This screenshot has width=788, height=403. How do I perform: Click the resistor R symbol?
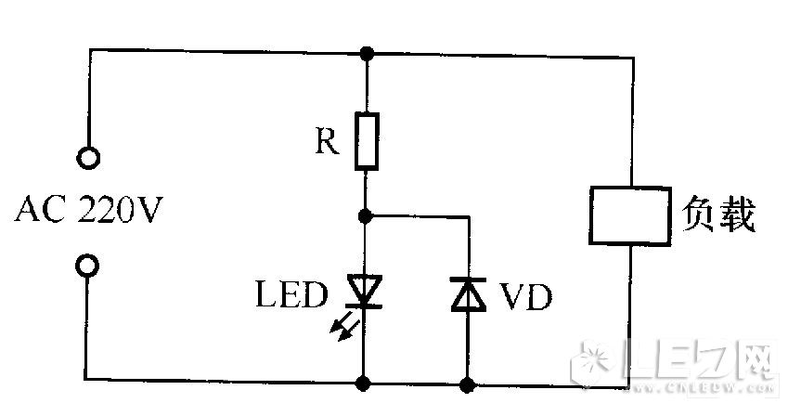pyautogui.click(x=368, y=142)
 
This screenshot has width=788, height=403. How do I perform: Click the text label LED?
pyautogui.click(x=291, y=296)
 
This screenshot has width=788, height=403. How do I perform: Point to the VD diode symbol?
pyautogui.click(x=467, y=295)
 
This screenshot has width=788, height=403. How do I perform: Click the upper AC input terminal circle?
pyautogui.click(x=88, y=159)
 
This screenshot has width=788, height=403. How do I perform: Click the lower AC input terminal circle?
pyautogui.click(x=88, y=266)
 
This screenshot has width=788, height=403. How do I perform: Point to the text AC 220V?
pyautogui.click(x=88, y=214)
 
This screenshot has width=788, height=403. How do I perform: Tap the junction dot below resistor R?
pyautogui.click(x=368, y=215)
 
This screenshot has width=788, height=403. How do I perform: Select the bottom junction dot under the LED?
pyautogui.click(x=365, y=382)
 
